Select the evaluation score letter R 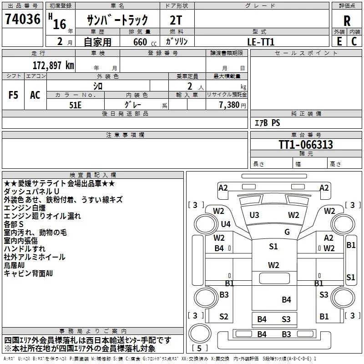click(347, 20)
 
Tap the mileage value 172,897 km click(53, 65)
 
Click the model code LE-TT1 click(261, 41)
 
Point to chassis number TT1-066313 click(306, 145)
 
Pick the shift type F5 click(13, 95)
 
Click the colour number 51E click(76, 104)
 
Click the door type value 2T click(177, 20)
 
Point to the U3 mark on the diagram click(254, 215)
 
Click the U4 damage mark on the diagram click(226, 224)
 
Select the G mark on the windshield click(287, 232)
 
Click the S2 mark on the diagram click(224, 317)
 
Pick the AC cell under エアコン click(35, 95)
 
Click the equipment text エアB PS click(267, 123)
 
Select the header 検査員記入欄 click(93, 175)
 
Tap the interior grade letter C click(354, 41)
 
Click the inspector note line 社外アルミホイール click(35, 257)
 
